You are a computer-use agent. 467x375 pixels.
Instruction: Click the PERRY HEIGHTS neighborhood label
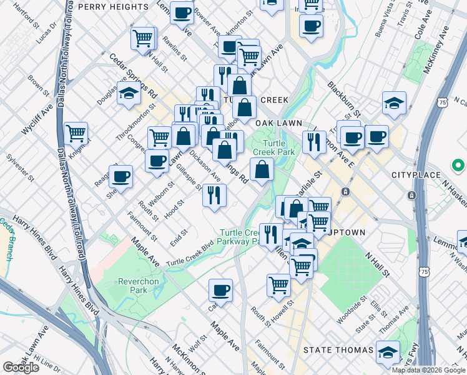tap(113, 6)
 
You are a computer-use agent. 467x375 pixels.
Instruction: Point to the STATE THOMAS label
tap(334, 351)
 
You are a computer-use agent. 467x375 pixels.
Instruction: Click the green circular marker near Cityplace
tap(458, 166)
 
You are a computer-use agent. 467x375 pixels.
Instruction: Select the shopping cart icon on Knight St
tap(76, 132)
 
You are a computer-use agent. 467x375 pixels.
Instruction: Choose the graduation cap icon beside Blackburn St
tap(394, 103)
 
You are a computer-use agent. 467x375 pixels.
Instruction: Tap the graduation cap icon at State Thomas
tap(387, 353)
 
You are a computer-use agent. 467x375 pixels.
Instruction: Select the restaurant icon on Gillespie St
tap(214, 195)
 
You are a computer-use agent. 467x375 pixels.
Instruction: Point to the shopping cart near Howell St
tap(278, 285)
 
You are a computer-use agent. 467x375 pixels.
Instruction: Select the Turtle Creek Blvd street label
tap(195, 255)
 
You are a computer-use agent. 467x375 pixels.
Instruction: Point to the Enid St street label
tap(179, 238)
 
